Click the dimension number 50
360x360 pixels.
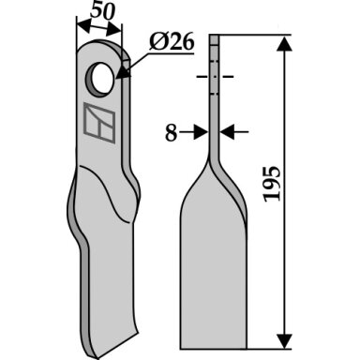pyautogui.click(x=103, y=12)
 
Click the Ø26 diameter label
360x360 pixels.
pyautogui.click(x=172, y=41)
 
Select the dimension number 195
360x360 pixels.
pyautogui.click(x=272, y=184)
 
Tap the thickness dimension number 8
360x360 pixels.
pyautogui.click(x=171, y=132)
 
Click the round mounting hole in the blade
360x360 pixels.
pyautogui.click(x=100, y=78)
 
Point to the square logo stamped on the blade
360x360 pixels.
pyautogui.click(x=99, y=123)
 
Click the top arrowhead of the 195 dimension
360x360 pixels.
pyautogui.click(x=285, y=43)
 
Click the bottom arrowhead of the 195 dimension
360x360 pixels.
pyautogui.click(x=285, y=340)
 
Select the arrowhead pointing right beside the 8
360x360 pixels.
pyautogui.click(x=201, y=132)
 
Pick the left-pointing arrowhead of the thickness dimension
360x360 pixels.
pyautogui.click(x=227, y=132)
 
